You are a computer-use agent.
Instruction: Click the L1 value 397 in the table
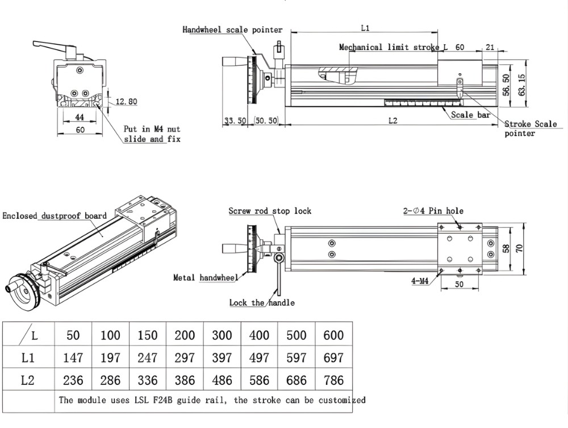pyautogui.click(x=222, y=358)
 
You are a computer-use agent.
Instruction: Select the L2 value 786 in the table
pyautogui.click(x=333, y=380)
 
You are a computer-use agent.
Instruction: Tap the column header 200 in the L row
pyautogui.click(x=185, y=335)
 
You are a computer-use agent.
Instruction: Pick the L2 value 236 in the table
pyautogui.click(x=73, y=380)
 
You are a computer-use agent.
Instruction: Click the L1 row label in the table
pyautogui.click(x=28, y=358)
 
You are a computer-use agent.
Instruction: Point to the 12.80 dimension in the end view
pyautogui.click(x=126, y=102)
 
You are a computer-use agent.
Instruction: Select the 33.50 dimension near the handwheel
pyautogui.click(x=235, y=121)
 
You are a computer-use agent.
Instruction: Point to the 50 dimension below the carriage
pyautogui.click(x=460, y=284)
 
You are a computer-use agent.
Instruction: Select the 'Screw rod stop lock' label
pyautogui.click(x=270, y=211)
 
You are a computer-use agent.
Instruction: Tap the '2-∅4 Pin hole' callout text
pyautogui.click(x=433, y=211)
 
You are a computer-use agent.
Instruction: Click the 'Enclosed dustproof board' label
pyautogui.click(x=54, y=216)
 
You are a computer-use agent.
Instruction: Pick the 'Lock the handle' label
pyautogui.click(x=262, y=303)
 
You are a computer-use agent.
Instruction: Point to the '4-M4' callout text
pyautogui.click(x=421, y=281)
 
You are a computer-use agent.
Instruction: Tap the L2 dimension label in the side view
pyautogui.click(x=392, y=120)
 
